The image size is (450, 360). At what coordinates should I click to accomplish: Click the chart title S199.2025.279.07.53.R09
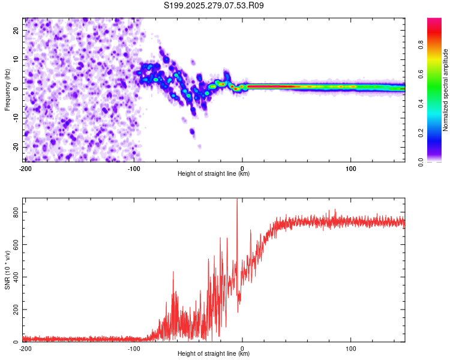click(214, 5)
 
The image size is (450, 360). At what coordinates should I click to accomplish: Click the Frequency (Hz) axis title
click(7, 89)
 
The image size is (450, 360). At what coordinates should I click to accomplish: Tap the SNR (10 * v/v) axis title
click(7, 270)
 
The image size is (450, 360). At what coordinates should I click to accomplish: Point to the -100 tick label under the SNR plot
click(134, 349)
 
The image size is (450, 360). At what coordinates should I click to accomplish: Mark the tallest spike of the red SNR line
click(237, 200)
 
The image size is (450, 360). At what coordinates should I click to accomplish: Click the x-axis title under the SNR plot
click(214, 354)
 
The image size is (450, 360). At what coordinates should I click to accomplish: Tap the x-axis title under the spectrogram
click(214, 174)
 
